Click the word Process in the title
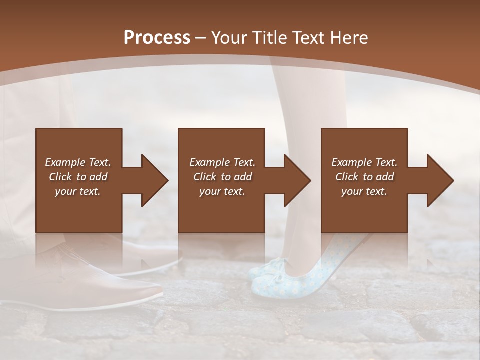(x=157, y=37)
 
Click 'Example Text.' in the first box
(x=78, y=162)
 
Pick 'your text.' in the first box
(x=78, y=191)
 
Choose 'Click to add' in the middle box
(x=222, y=177)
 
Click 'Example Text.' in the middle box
(x=222, y=162)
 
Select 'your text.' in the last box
(x=364, y=191)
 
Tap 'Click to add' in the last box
(x=364, y=177)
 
